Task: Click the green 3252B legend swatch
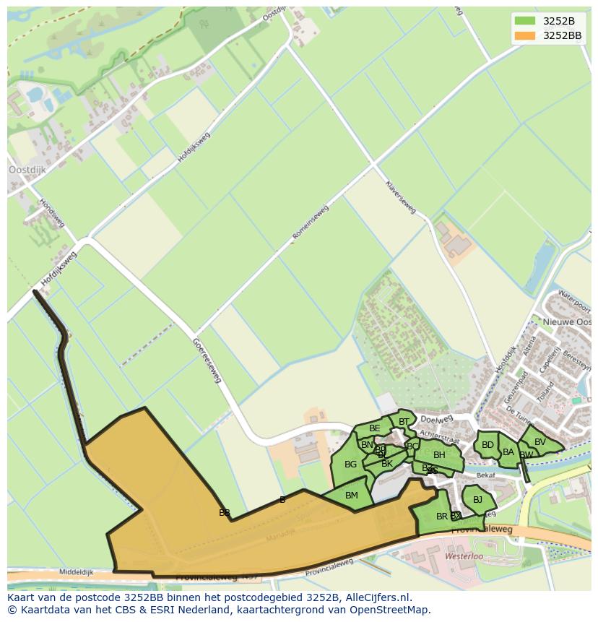[525, 21]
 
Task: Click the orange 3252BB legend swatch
[525, 35]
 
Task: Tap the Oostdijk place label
[27, 170]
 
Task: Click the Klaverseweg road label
[402, 197]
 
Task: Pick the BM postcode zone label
[352, 496]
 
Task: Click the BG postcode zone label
[350, 465]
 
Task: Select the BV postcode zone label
[540, 442]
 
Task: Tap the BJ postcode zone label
[477, 499]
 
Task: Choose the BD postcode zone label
[487, 445]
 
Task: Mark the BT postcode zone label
[404, 422]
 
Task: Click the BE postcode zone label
[374, 428]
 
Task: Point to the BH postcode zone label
[439, 455]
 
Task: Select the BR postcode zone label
[441, 517]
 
